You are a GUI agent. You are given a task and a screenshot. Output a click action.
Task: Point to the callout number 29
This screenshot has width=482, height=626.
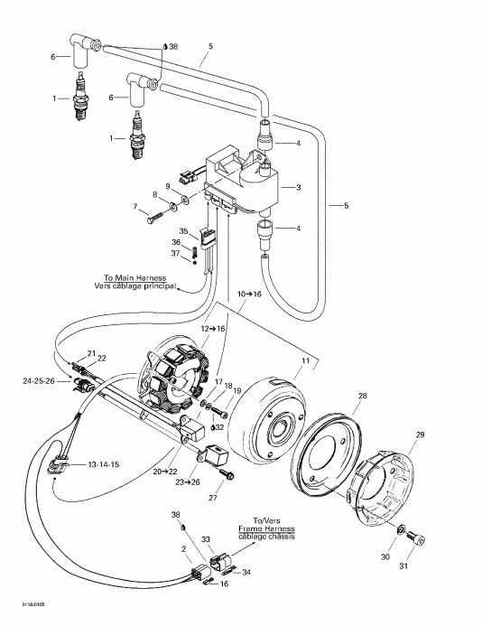pos(418,435)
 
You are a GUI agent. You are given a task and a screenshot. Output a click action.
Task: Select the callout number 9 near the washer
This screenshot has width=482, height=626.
pos(167,185)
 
